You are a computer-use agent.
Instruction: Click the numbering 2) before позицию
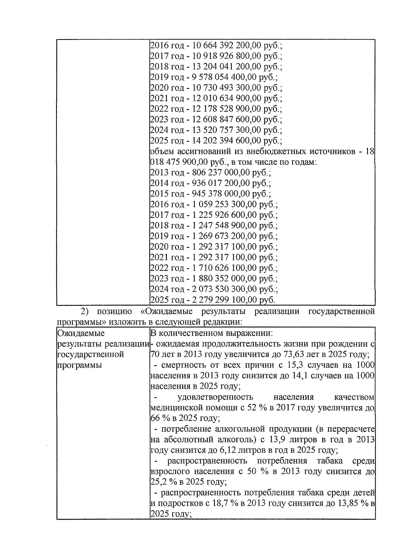(x=85, y=311)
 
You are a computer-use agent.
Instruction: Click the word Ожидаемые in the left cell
(x=81, y=333)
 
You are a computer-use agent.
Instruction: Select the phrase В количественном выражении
(x=211, y=333)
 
